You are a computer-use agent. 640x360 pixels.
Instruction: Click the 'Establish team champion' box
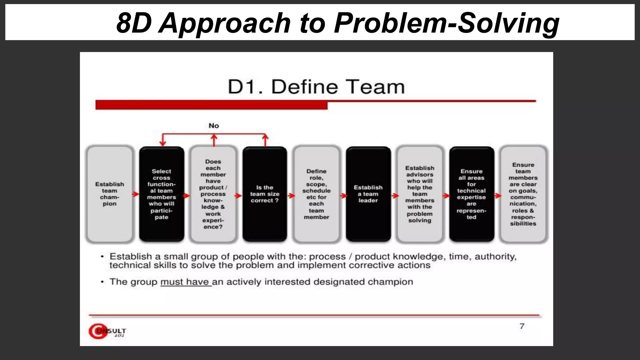click(x=110, y=194)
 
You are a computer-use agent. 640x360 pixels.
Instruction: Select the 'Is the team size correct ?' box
click(x=265, y=194)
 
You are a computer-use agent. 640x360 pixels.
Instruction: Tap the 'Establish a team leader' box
click(x=368, y=194)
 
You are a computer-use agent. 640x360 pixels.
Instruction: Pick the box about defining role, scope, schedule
click(x=317, y=194)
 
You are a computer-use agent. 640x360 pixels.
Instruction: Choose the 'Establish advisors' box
click(x=420, y=194)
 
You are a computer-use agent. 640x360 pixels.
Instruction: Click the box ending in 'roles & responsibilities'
click(x=523, y=194)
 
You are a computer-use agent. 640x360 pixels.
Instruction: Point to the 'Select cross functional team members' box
click(x=162, y=194)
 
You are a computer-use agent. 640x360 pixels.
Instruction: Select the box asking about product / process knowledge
click(x=213, y=194)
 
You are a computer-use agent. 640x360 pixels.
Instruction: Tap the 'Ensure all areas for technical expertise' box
click(x=472, y=194)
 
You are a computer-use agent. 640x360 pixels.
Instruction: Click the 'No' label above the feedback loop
click(x=214, y=126)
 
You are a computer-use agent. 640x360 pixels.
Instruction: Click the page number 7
click(x=522, y=326)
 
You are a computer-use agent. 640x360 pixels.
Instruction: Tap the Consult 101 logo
click(x=107, y=331)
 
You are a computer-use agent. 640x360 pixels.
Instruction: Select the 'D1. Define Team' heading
click(x=316, y=87)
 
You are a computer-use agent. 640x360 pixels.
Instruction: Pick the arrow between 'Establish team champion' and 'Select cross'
click(x=136, y=194)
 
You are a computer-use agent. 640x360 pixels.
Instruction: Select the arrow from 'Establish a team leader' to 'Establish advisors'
click(x=395, y=196)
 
